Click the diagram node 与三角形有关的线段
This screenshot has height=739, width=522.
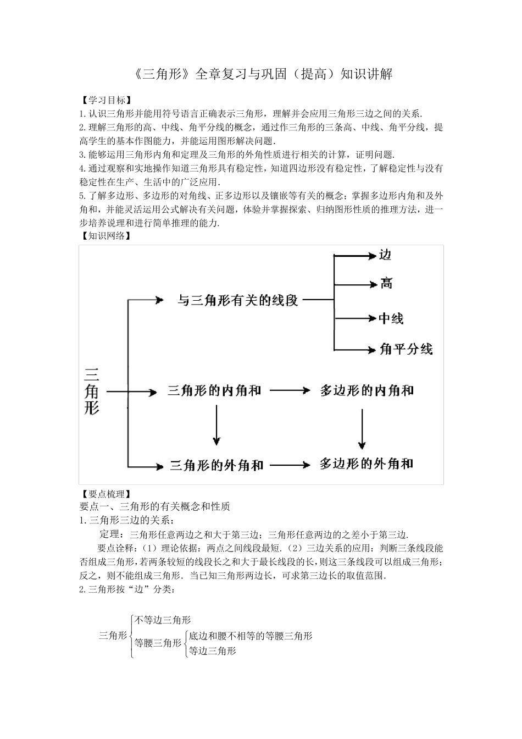(x=237, y=300)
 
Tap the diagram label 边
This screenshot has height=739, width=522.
(x=385, y=255)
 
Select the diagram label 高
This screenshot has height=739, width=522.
(x=386, y=284)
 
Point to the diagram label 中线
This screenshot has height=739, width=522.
(x=391, y=318)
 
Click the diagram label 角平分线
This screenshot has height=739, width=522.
(x=406, y=349)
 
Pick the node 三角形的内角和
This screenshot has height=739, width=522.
(x=214, y=391)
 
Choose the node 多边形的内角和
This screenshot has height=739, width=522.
(x=366, y=391)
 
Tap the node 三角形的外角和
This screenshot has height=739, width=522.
(x=216, y=465)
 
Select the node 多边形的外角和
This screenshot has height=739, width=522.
(x=366, y=464)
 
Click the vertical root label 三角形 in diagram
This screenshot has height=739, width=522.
(x=92, y=391)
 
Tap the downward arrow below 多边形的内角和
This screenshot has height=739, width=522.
(x=362, y=429)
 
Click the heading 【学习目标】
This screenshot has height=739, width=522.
(x=105, y=100)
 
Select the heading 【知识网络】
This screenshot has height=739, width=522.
(x=105, y=236)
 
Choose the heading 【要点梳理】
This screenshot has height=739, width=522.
(x=105, y=493)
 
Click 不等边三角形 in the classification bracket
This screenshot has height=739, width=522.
(x=163, y=620)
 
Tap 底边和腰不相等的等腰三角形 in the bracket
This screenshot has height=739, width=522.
(x=251, y=636)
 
